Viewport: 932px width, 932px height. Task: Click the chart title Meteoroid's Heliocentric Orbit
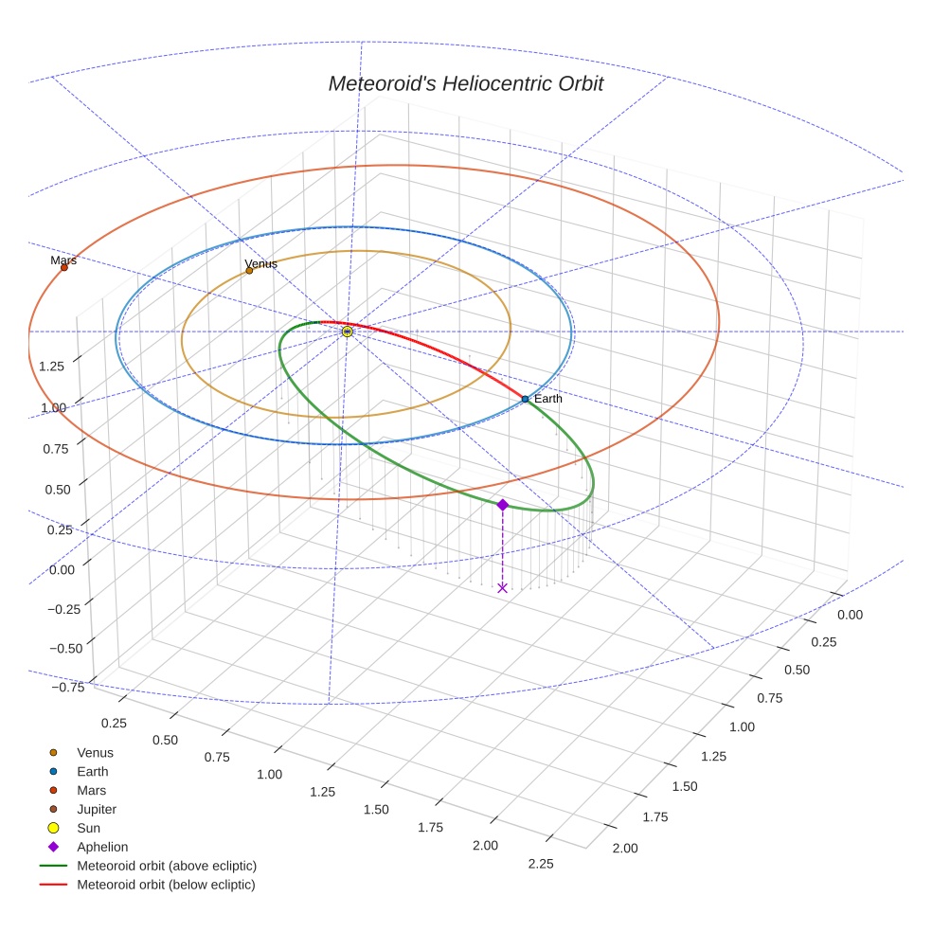click(465, 84)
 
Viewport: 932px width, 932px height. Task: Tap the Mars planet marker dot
click(64, 267)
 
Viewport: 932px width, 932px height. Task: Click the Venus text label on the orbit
click(260, 263)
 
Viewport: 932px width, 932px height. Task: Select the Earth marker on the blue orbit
click(525, 399)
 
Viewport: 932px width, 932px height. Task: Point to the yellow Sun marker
click(347, 332)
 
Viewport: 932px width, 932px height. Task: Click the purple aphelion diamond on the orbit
click(502, 505)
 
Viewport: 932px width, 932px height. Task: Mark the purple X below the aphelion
click(502, 588)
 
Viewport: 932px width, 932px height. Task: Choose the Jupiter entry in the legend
click(97, 809)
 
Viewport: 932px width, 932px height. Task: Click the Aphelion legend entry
click(102, 847)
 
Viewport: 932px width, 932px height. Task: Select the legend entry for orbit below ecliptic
click(166, 885)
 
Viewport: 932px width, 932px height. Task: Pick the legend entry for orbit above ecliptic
click(166, 866)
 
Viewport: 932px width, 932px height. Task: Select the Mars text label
click(63, 260)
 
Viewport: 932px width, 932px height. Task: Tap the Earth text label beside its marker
click(547, 399)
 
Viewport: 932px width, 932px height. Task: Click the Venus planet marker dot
click(249, 270)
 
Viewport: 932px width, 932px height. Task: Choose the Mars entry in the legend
click(91, 790)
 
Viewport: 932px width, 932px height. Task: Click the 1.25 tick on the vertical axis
click(52, 366)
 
